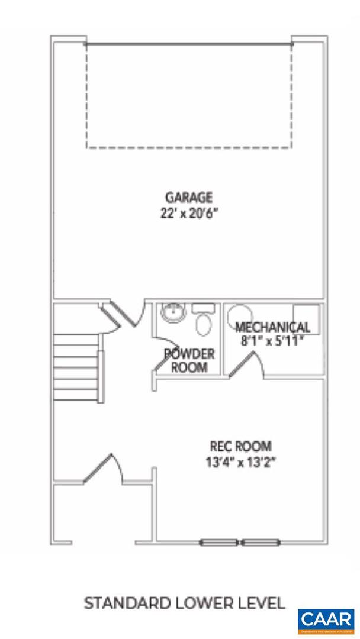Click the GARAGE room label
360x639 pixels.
click(188, 197)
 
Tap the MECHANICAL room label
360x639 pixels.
click(272, 327)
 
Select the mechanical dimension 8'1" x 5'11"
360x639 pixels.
click(272, 340)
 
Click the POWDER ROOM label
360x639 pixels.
click(189, 360)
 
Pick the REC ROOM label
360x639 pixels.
click(241, 446)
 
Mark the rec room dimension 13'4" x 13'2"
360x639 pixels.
click(241, 461)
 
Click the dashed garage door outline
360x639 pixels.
click(189, 95)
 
